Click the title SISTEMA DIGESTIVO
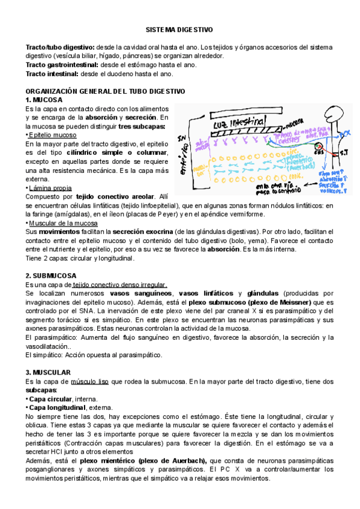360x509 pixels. (x=180, y=29)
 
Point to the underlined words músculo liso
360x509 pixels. (x=89, y=381)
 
